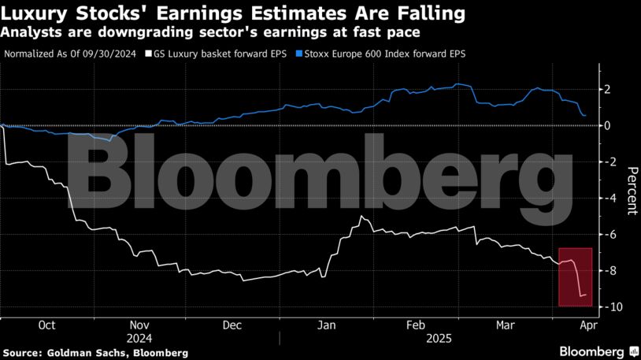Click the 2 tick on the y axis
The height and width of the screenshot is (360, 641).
[606, 89]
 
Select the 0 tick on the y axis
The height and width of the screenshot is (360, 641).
[606, 125]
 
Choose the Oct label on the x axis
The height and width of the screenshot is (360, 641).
[46, 324]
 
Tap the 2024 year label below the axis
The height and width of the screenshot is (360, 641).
[139, 337]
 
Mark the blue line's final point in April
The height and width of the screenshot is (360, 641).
[584, 116]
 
